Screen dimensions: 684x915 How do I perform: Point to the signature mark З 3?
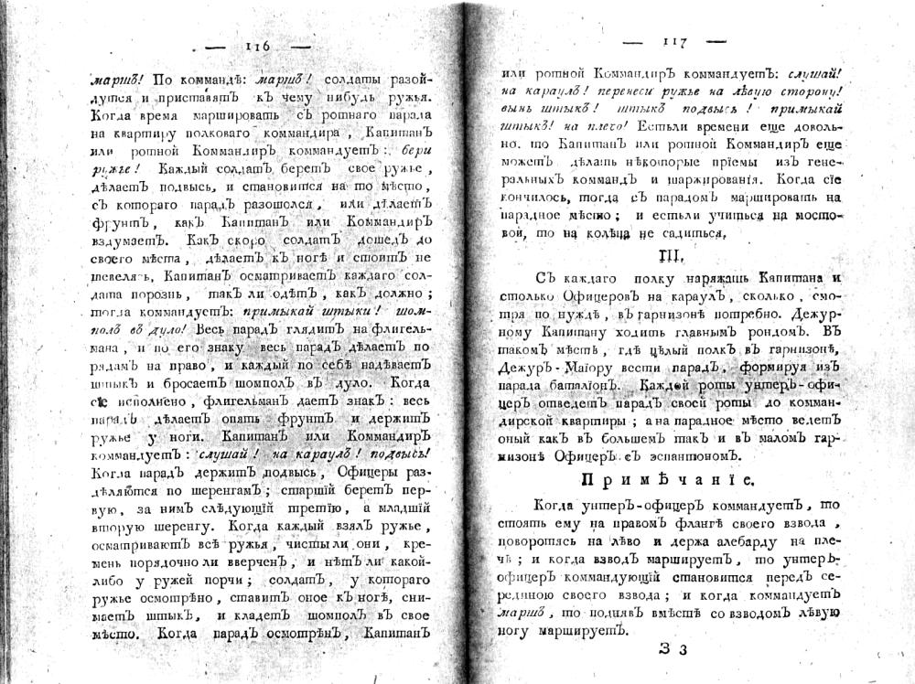673,650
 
